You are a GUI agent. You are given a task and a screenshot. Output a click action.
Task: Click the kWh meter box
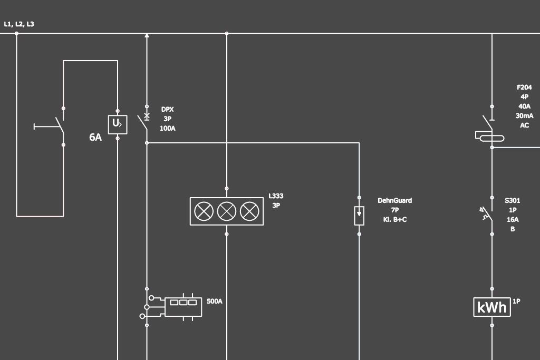[492, 307]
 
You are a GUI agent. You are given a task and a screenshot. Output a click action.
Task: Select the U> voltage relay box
[117, 124]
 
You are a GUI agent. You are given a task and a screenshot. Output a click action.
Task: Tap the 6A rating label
[95, 138]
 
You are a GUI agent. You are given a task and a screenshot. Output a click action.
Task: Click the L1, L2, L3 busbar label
[19, 24]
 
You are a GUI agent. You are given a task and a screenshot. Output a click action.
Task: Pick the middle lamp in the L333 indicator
[227, 211]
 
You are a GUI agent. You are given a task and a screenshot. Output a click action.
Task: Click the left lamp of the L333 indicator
[204, 211]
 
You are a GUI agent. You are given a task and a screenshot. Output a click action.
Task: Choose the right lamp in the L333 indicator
[249, 211]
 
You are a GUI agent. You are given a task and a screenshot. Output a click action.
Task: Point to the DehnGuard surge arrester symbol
[359, 216]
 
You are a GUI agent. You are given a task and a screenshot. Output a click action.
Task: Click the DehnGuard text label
[394, 201]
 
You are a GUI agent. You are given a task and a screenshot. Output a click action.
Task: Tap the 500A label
[215, 301]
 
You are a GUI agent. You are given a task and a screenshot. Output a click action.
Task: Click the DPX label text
[168, 110]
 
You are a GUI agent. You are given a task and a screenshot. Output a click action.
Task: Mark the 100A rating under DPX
[168, 128]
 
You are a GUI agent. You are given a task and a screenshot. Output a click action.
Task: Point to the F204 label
[524, 87]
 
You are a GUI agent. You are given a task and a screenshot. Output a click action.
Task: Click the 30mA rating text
[524, 116]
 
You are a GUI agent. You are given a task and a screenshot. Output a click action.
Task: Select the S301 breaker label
[512, 200]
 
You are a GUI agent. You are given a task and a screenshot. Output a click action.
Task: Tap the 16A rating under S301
[512, 219]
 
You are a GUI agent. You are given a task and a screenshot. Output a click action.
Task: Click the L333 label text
[276, 196]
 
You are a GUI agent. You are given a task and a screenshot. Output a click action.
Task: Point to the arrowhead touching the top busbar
[147, 35]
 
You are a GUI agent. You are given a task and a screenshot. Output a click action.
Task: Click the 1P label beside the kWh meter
[516, 301]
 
